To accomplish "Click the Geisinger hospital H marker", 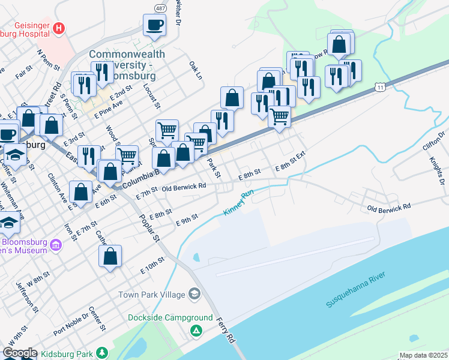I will coord(58,28).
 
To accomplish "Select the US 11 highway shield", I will coord(379,87).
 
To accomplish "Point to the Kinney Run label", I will coord(239,203).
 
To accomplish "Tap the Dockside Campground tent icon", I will coord(196,331).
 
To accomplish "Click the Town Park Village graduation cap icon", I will coord(194,294).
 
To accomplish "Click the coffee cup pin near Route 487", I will coord(154,25).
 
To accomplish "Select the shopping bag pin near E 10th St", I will coord(110,256).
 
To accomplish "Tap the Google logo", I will coord(19,353).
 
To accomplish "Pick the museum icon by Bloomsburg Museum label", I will coord(56,245).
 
